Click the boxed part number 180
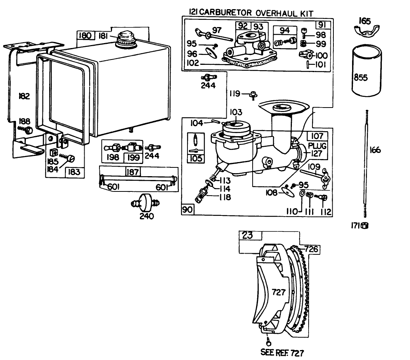coord(84,36)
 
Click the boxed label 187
coord(132,172)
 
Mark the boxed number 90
coord(188,209)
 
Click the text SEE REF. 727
coord(282,353)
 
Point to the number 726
coord(311,249)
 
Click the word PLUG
coord(317,146)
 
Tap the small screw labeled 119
coord(252,94)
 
